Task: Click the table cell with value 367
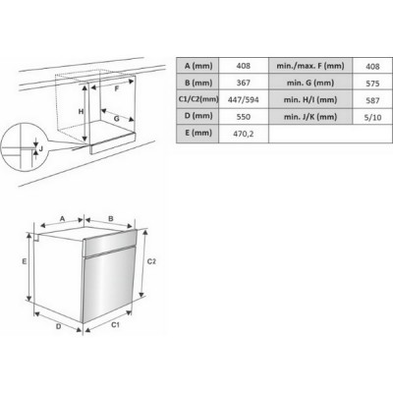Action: (x=244, y=83)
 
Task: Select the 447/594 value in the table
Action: (x=244, y=99)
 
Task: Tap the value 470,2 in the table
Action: (x=244, y=134)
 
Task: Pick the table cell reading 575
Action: (x=372, y=84)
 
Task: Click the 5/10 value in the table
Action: (x=372, y=117)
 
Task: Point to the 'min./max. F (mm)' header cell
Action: (x=310, y=66)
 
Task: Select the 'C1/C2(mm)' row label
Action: (x=197, y=99)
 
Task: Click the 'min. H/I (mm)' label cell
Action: (x=310, y=99)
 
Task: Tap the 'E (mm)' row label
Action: (x=197, y=134)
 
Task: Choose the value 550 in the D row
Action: (x=244, y=117)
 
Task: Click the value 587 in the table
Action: (x=372, y=100)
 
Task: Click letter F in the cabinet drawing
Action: (x=117, y=89)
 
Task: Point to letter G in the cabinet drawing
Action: (x=117, y=119)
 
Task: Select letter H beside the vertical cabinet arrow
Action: (x=81, y=112)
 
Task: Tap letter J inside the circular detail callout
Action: (x=41, y=149)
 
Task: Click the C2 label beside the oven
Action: (x=151, y=261)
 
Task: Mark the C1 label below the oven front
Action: (x=115, y=324)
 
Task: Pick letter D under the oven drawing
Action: (x=58, y=326)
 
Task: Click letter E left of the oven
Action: (x=25, y=261)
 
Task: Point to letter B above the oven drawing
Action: (x=111, y=218)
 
